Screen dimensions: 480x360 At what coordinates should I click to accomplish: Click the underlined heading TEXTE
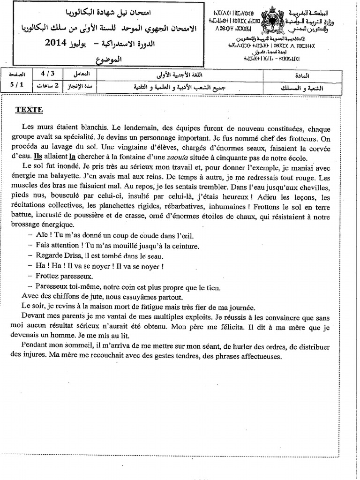(29, 110)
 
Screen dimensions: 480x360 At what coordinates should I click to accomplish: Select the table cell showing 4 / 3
(47, 74)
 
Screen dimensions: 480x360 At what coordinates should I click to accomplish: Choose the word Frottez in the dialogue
(48, 276)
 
